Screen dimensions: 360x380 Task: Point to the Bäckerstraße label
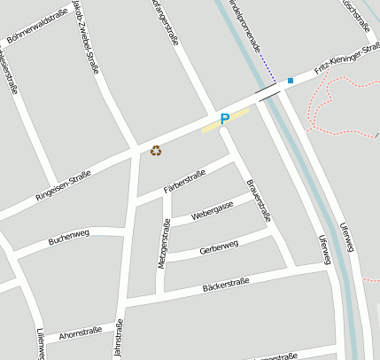click(226, 285)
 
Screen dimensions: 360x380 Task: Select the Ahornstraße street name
click(80, 334)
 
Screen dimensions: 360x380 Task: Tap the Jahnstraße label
click(118, 340)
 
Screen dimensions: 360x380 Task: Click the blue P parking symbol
click(224, 119)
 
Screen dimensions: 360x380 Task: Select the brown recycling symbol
click(156, 151)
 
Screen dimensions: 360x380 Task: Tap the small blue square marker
click(290, 81)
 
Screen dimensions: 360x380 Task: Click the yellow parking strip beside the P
click(229, 121)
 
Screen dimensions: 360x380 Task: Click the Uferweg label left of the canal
click(323, 249)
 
